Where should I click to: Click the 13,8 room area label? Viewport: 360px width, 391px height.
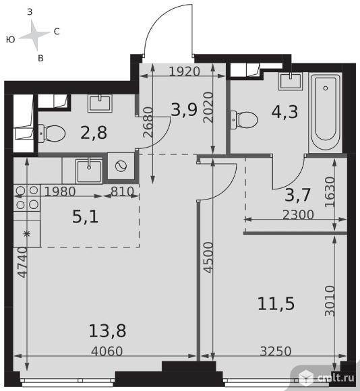[107, 330]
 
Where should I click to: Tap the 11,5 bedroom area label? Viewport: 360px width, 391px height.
[276, 304]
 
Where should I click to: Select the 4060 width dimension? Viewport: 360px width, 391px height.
[107, 351]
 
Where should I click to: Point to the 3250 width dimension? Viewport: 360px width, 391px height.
[276, 351]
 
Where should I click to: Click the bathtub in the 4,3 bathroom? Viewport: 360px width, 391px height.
[326, 113]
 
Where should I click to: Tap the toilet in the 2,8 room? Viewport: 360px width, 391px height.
[52, 133]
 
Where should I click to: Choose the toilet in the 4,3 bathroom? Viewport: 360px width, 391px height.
[244, 120]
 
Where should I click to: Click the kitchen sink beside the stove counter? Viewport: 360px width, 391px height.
[89, 171]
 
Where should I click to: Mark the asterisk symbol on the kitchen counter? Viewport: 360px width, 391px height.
[26, 234]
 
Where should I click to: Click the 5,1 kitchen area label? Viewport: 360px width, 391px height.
[85, 216]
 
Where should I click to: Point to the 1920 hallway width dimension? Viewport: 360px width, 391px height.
[185, 71]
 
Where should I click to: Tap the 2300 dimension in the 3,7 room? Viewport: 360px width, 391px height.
[298, 214]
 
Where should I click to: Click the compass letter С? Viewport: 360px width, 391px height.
[57, 32]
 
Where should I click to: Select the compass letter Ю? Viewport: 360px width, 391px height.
[11, 39]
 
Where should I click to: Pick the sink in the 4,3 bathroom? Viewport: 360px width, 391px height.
[291, 82]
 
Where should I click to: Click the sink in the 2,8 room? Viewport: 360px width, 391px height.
[100, 103]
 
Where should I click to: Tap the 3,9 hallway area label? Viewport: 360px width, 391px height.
[184, 110]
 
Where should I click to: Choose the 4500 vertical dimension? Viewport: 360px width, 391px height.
[208, 258]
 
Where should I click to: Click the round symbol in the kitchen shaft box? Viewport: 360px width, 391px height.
[121, 166]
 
